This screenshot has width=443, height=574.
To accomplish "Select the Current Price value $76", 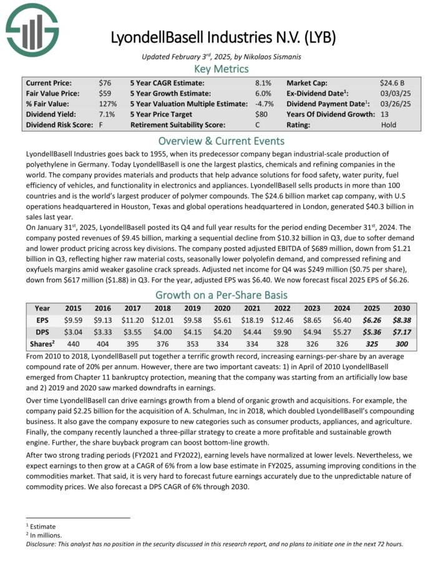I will click(105, 82).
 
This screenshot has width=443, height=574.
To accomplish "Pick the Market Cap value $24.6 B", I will click(392, 82).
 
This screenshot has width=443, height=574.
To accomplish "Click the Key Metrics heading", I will click(221, 69).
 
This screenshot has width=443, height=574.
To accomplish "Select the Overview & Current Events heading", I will click(221, 141).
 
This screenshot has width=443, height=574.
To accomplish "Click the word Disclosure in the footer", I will click(42, 543).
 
